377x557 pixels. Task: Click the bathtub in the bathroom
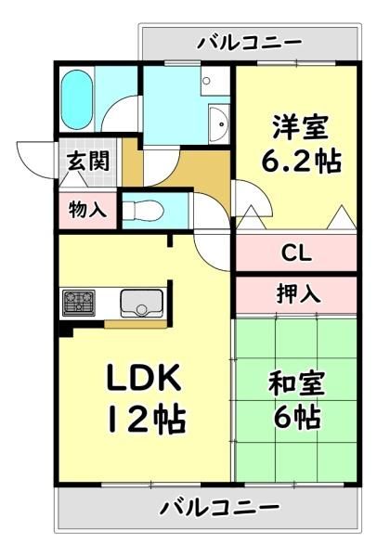[x=76, y=100]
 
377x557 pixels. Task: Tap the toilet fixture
[x=143, y=211]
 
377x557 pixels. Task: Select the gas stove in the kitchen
[x=79, y=303]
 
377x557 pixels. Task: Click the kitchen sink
[x=141, y=303]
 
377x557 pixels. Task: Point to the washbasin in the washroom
[x=219, y=123]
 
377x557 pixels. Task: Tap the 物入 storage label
[x=87, y=209]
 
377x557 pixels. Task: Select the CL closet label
[x=296, y=253]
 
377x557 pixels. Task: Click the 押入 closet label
[x=298, y=293]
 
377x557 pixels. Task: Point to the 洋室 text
[x=301, y=126]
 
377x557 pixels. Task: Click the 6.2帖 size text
[x=301, y=162]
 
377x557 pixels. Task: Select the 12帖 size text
[x=147, y=420]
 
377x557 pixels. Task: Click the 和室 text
[x=296, y=383]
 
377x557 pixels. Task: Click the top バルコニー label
[x=250, y=43]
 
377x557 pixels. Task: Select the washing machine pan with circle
[x=214, y=81]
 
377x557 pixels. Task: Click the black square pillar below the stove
[x=66, y=330]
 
